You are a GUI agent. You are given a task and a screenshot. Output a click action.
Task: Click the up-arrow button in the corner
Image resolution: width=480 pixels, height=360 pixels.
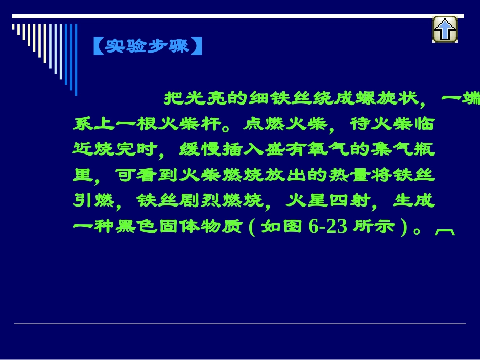[x=445, y=29]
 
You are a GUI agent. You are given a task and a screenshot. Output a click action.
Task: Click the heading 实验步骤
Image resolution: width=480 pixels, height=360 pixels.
[x=148, y=46]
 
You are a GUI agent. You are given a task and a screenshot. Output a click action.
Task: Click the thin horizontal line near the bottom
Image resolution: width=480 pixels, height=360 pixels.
[x=239, y=324]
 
